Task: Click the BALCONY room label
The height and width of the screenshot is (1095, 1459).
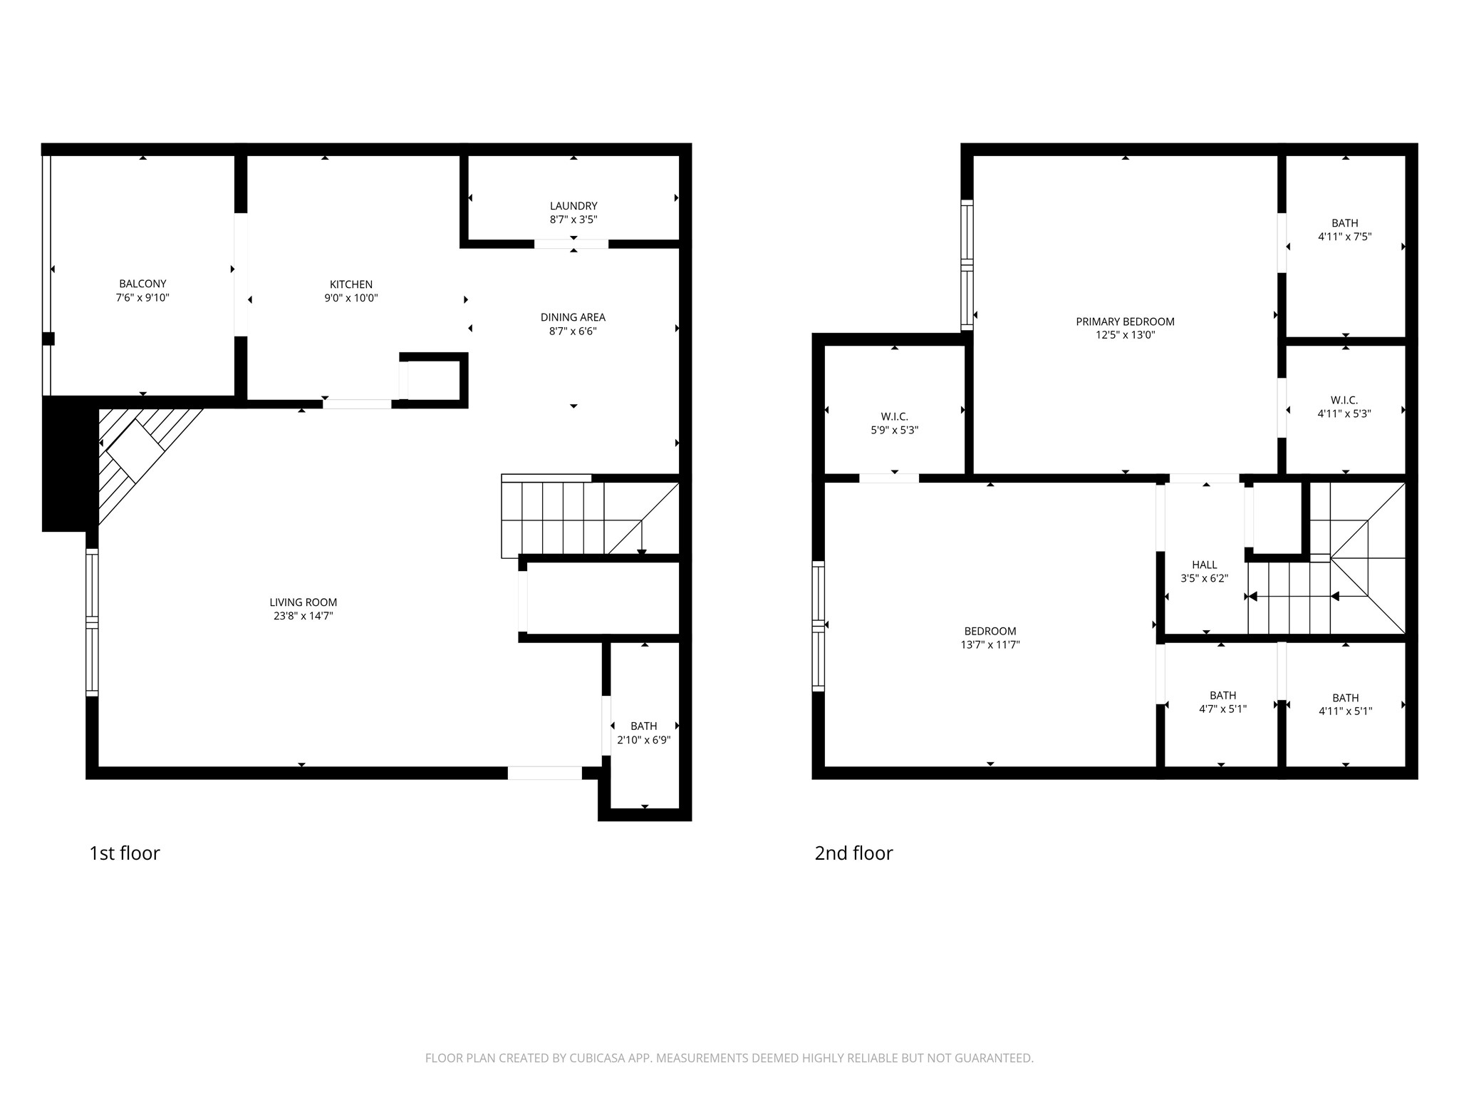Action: click(142, 284)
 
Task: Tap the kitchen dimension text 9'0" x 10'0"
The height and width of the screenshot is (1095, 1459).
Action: click(351, 299)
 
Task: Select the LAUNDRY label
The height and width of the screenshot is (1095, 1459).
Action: click(573, 206)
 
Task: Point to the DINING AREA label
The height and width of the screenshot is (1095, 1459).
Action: click(573, 317)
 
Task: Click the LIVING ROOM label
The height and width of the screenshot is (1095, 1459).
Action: click(303, 602)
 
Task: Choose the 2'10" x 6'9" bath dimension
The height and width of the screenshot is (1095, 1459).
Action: click(643, 740)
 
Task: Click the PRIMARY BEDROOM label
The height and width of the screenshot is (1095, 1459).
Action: click(1125, 322)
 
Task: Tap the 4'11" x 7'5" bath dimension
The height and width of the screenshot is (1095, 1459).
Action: click(1344, 237)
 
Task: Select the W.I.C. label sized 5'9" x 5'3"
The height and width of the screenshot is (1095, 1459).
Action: click(894, 416)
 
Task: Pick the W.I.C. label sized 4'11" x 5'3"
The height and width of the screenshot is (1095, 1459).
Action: click(1344, 400)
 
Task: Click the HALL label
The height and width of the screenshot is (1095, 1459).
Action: click(1204, 565)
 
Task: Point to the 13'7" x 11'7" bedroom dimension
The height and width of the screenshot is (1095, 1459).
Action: click(990, 645)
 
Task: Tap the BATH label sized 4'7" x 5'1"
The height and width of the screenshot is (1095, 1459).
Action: click(1222, 695)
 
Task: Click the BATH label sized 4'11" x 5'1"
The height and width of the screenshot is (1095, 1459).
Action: click(1345, 698)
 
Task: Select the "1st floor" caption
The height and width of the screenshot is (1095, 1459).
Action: click(125, 853)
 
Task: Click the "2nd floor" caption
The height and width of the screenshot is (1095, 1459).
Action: click(853, 853)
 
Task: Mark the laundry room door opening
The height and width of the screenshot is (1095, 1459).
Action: click(571, 244)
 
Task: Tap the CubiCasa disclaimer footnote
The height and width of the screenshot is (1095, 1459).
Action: click(729, 1059)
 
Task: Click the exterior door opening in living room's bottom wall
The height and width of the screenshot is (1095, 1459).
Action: click(544, 773)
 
